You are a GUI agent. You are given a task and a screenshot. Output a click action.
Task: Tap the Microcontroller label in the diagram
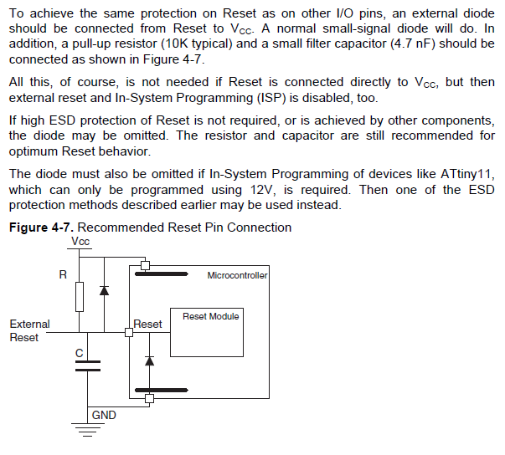[237, 274]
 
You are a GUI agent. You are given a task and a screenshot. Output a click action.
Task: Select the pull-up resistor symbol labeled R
[80, 296]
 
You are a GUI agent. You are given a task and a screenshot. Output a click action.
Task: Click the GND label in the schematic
[104, 415]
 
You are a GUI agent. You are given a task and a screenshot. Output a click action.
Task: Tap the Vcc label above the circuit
[80, 241]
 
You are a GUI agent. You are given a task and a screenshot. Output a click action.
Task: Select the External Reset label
[29, 330]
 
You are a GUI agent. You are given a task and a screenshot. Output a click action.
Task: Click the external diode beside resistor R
[104, 290]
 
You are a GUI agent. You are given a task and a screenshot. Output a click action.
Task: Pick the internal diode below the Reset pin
[148, 360]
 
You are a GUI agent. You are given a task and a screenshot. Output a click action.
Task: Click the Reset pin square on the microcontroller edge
[129, 333]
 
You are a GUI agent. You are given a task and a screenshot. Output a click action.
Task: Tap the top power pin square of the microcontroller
[146, 266]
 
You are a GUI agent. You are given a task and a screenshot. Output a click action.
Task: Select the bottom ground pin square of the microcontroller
[149, 399]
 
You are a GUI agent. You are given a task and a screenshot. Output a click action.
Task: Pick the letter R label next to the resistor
[63, 274]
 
